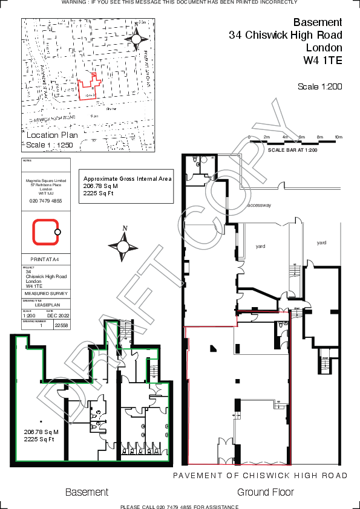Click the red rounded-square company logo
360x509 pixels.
point(45,232)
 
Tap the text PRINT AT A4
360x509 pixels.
point(45,259)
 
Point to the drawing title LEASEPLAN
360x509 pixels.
point(46,305)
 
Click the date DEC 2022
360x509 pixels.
point(59,316)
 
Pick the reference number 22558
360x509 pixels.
point(62,325)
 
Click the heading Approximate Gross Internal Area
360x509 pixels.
point(127,179)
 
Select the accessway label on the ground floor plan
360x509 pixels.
point(259,206)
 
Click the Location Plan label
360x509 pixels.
point(53,135)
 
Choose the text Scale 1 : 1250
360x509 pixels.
point(49,145)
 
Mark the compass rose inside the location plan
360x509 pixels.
point(136,38)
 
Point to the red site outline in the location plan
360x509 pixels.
point(89,87)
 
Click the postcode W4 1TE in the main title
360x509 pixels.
point(322,60)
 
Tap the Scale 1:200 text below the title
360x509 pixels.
point(319,86)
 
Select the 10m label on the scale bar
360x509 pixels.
point(338,137)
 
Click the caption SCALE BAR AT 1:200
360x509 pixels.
point(293,150)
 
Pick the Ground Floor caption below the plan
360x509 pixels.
point(266,492)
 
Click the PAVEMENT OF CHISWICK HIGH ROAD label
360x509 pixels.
point(260,476)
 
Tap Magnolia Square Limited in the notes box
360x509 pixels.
point(45,180)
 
